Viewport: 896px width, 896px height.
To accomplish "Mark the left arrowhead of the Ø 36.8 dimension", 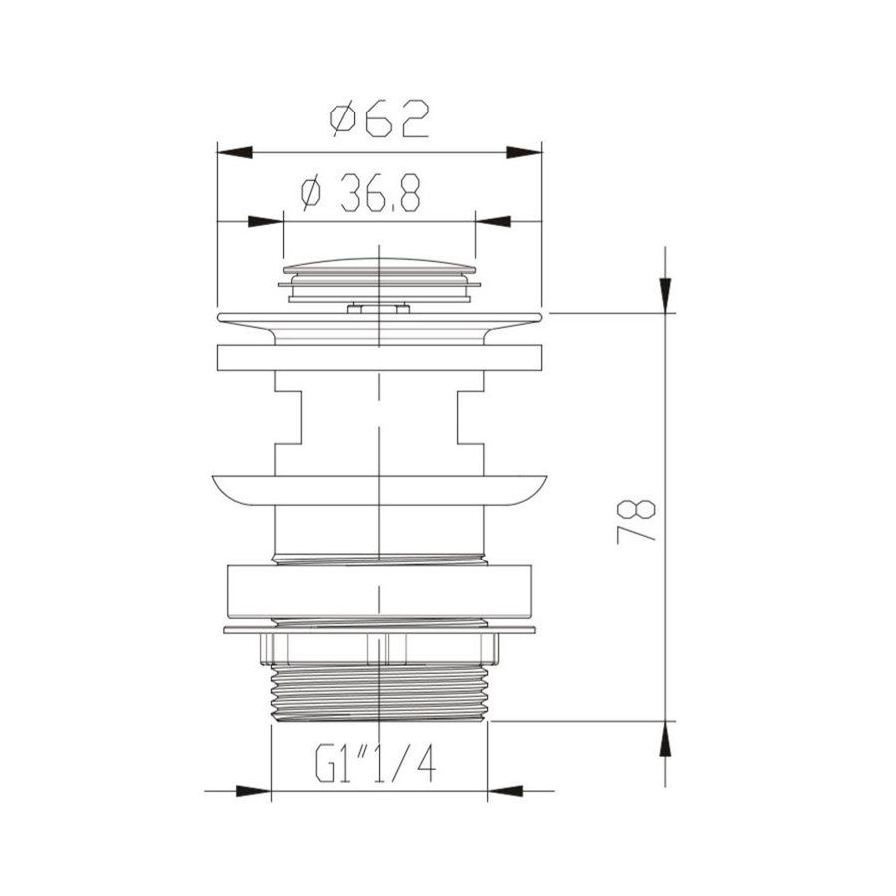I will (266, 219).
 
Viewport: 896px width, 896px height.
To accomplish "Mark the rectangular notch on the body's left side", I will (288, 418).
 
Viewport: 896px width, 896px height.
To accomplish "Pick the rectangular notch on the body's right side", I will (470, 418).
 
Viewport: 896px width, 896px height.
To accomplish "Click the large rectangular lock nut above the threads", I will (379, 591).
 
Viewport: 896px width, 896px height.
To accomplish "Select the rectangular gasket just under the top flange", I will (379, 357).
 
